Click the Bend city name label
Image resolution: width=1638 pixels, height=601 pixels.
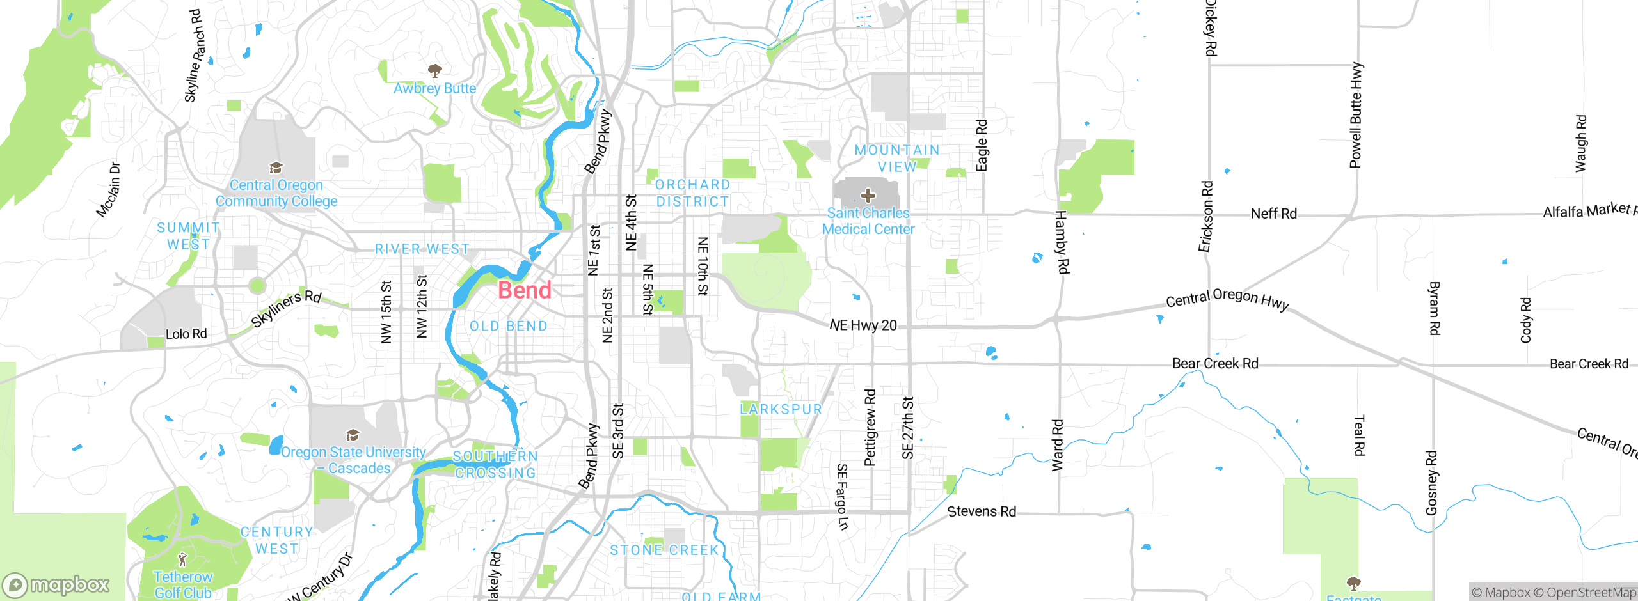(524, 291)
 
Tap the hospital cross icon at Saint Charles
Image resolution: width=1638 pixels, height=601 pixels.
(868, 196)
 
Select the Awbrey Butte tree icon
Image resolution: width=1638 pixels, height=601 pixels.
(435, 70)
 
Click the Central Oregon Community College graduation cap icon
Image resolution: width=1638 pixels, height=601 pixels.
(276, 168)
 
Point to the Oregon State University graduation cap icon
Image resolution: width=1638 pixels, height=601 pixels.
(353, 435)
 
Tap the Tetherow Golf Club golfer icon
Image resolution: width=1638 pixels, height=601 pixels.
(183, 559)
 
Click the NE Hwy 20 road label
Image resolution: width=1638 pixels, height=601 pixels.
(863, 325)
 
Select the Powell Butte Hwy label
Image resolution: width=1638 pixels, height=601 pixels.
(1356, 115)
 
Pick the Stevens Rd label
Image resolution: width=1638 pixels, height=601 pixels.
(981, 511)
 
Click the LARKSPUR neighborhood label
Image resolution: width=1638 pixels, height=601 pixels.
(781, 409)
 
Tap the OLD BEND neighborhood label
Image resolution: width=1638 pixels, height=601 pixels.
(509, 326)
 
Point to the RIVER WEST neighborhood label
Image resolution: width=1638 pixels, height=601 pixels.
(422, 249)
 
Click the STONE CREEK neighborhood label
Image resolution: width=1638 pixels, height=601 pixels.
(664, 550)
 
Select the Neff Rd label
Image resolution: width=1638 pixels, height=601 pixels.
(1273, 214)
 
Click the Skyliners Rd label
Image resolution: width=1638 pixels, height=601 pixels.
(285, 308)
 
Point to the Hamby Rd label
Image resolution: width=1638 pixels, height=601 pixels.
(1062, 242)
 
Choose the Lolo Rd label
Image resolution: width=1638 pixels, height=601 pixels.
(186, 334)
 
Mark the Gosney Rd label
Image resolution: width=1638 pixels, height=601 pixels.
(1432, 483)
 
